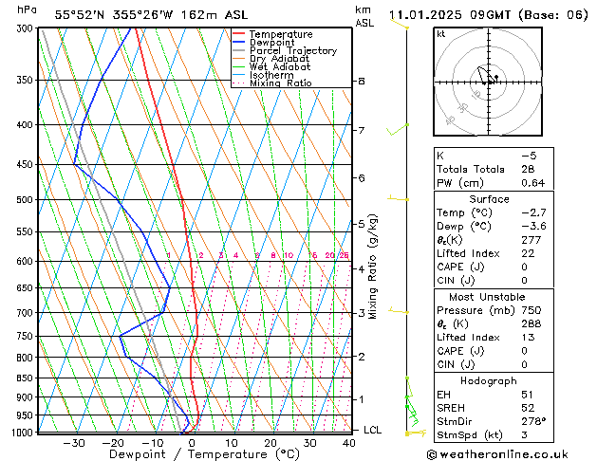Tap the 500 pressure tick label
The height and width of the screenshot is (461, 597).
[26, 200]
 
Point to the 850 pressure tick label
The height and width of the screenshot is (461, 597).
[26, 378]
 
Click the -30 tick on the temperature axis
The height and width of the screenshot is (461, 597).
[74, 443]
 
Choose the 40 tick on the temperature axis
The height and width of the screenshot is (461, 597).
[349, 443]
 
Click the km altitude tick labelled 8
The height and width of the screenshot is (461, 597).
[361, 82]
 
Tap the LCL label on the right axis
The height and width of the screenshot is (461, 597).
[374, 430]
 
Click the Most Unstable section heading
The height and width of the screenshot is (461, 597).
[489, 296]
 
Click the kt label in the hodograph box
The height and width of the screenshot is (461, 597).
[440, 34]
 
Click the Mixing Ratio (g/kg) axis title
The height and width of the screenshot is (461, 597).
[374, 267]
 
